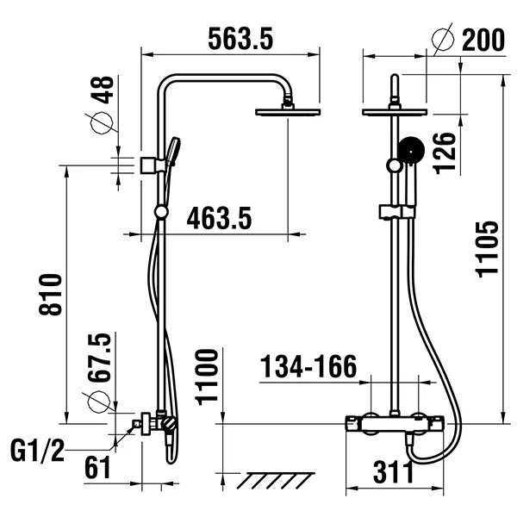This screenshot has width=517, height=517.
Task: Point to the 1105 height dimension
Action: point(487,249)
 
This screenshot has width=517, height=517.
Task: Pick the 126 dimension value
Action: point(445,152)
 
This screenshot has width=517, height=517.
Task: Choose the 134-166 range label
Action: point(309,368)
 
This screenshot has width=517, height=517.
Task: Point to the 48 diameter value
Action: point(102,93)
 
